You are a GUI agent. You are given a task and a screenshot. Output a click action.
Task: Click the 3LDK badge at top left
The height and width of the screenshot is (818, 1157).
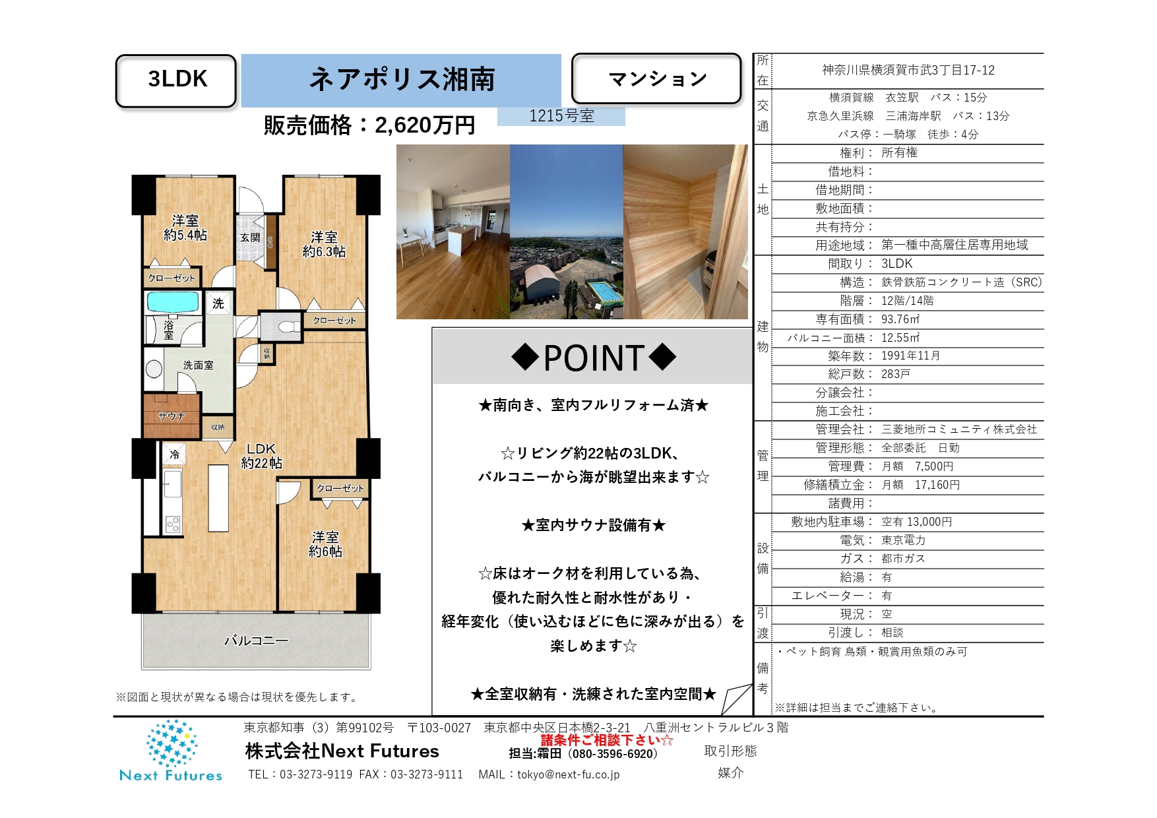(x=176, y=80)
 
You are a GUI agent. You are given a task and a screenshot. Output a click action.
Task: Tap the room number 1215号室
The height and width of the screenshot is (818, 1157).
(x=561, y=116)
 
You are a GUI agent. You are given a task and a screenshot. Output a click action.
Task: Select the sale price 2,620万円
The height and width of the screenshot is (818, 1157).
(x=425, y=125)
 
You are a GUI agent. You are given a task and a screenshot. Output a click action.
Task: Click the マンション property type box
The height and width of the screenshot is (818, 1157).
(x=656, y=79)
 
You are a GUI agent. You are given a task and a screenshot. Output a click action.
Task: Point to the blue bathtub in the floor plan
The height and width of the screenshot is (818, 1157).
(x=173, y=302)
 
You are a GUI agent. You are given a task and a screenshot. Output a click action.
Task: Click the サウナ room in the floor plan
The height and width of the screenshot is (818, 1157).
(x=172, y=416)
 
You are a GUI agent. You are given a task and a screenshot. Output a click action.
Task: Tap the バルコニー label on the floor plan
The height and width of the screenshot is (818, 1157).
(x=256, y=640)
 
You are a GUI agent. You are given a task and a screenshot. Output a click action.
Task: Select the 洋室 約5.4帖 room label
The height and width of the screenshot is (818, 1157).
(x=185, y=228)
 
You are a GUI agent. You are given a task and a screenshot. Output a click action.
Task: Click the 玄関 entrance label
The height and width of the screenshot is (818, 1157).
(x=250, y=237)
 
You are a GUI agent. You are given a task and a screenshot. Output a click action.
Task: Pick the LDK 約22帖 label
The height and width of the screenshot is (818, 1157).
(x=261, y=456)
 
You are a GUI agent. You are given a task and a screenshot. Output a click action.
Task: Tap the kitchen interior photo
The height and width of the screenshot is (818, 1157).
(x=453, y=232)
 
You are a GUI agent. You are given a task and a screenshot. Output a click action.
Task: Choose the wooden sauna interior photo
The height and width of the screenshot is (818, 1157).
(x=685, y=232)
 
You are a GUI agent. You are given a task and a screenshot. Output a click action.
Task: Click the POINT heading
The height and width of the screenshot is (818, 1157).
(x=594, y=358)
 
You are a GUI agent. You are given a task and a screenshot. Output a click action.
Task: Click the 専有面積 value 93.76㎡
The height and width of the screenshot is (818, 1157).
(x=900, y=319)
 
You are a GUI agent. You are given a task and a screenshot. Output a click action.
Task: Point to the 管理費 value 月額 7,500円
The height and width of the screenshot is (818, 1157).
(x=918, y=466)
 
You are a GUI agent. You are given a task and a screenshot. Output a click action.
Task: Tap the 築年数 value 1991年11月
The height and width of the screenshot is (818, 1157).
(x=911, y=356)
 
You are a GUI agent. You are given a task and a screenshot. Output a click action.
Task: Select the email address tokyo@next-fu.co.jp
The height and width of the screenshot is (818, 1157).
(x=569, y=774)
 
